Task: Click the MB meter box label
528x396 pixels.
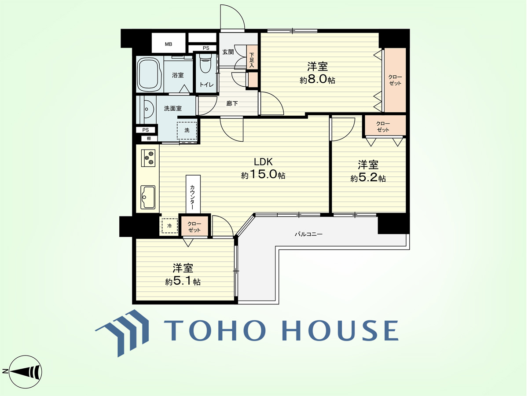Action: pyautogui.click(x=169, y=44)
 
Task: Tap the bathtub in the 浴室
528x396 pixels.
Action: pyautogui.click(x=150, y=74)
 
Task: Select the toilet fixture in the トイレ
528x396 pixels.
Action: pyautogui.click(x=205, y=63)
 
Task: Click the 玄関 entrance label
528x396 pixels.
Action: pyautogui.click(x=228, y=52)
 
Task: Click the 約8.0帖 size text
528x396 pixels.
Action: pyautogui.click(x=317, y=80)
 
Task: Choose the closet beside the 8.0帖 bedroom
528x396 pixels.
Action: pyautogui.click(x=395, y=80)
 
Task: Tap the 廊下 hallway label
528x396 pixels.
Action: pyautogui.click(x=232, y=103)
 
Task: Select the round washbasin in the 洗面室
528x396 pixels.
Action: pyautogui.click(x=149, y=110)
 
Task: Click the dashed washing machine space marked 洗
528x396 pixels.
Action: pyautogui.click(x=187, y=131)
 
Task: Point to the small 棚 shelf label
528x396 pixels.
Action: pyautogui.click(x=149, y=139)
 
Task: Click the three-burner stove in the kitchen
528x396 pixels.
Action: pyautogui.click(x=148, y=158)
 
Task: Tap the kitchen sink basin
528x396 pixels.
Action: pyautogui.click(x=148, y=197)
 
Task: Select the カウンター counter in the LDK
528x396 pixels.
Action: pyautogui.click(x=193, y=194)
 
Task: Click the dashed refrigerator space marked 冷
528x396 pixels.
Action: pyautogui.click(x=169, y=226)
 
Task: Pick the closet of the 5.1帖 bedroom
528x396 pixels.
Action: pyautogui.click(x=194, y=226)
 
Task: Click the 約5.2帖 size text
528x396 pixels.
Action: pyautogui.click(x=368, y=178)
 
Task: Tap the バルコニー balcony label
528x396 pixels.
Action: pyautogui.click(x=308, y=234)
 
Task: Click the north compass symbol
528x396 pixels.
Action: pyautogui.click(x=25, y=372)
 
